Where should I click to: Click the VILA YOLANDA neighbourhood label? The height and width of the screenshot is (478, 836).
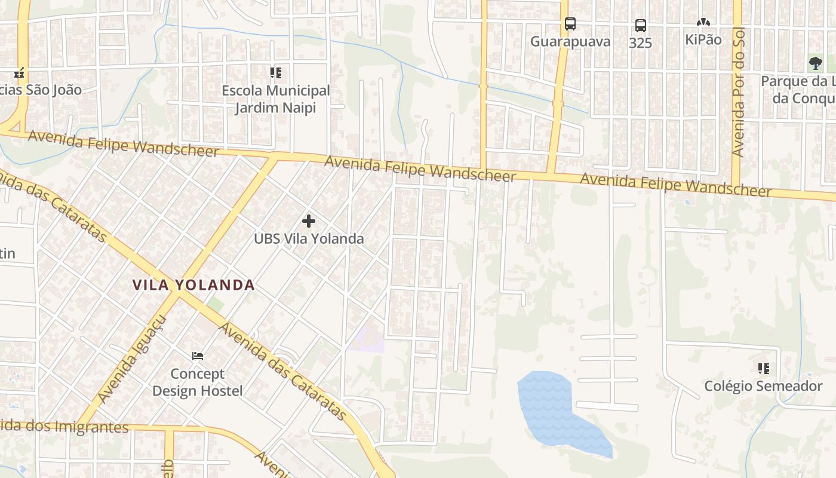pyautogui.click(x=193, y=285)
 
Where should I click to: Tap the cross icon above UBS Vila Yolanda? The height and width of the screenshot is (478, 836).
pyautogui.click(x=308, y=221)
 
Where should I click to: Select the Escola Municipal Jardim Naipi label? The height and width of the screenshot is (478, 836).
pyautogui.click(x=275, y=99)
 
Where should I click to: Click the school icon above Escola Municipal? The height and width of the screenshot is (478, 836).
pyautogui.click(x=275, y=73)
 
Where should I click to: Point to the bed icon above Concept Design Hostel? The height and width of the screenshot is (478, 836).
pyautogui.click(x=198, y=356)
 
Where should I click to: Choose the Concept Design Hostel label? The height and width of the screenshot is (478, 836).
pyautogui.click(x=198, y=382)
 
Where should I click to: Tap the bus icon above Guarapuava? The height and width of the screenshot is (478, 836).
pyautogui.click(x=570, y=24)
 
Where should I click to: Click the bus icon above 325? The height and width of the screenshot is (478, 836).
pyautogui.click(x=640, y=26)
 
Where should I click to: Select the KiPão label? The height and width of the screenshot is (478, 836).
pyautogui.click(x=703, y=40)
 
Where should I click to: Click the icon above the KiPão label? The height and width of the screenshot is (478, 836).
pyautogui.click(x=703, y=23)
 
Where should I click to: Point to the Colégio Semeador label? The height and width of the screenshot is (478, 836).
pyautogui.click(x=763, y=386)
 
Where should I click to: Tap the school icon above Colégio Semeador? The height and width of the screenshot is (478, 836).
pyautogui.click(x=763, y=369)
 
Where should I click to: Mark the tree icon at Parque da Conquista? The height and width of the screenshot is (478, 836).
pyautogui.click(x=815, y=63)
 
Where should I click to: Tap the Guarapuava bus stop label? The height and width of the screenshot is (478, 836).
pyautogui.click(x=570, y=41)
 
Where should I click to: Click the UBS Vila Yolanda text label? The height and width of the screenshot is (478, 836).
pyautogui.click(x=309, y=239)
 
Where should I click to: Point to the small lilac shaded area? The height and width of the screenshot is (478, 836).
pyautogui.click(x=367, y=339)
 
